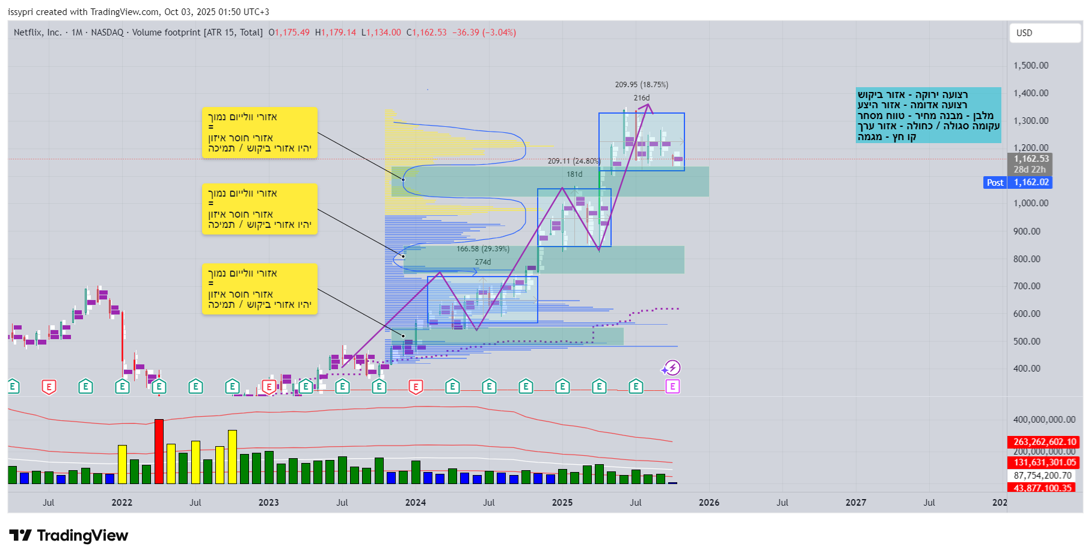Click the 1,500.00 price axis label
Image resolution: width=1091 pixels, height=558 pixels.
[1030, 66]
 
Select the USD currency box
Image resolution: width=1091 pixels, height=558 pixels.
[1044, 33]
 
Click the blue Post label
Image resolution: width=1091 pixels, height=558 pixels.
[995, 183]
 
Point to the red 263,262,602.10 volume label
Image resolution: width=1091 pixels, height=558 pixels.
[1044, 442]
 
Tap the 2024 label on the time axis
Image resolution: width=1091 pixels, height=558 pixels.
[415, 503]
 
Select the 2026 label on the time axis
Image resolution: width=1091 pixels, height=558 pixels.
[708, 503]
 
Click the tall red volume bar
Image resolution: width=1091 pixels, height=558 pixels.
[159, 451]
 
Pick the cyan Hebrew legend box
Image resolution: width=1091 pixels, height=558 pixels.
[929, 115]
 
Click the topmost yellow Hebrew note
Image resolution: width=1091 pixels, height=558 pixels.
[259, 133]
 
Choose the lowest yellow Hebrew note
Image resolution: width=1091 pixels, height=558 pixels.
[259, 289]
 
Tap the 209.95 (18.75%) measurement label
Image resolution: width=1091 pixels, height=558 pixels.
[641, 85]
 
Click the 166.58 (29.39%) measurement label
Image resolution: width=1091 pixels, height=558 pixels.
[482, 249]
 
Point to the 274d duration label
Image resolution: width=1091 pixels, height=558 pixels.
[482, 262]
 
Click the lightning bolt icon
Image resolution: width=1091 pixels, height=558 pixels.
[672, 367]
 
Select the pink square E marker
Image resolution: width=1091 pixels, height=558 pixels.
[672, 387]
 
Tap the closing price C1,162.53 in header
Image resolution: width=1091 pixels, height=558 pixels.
[426, 32]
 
